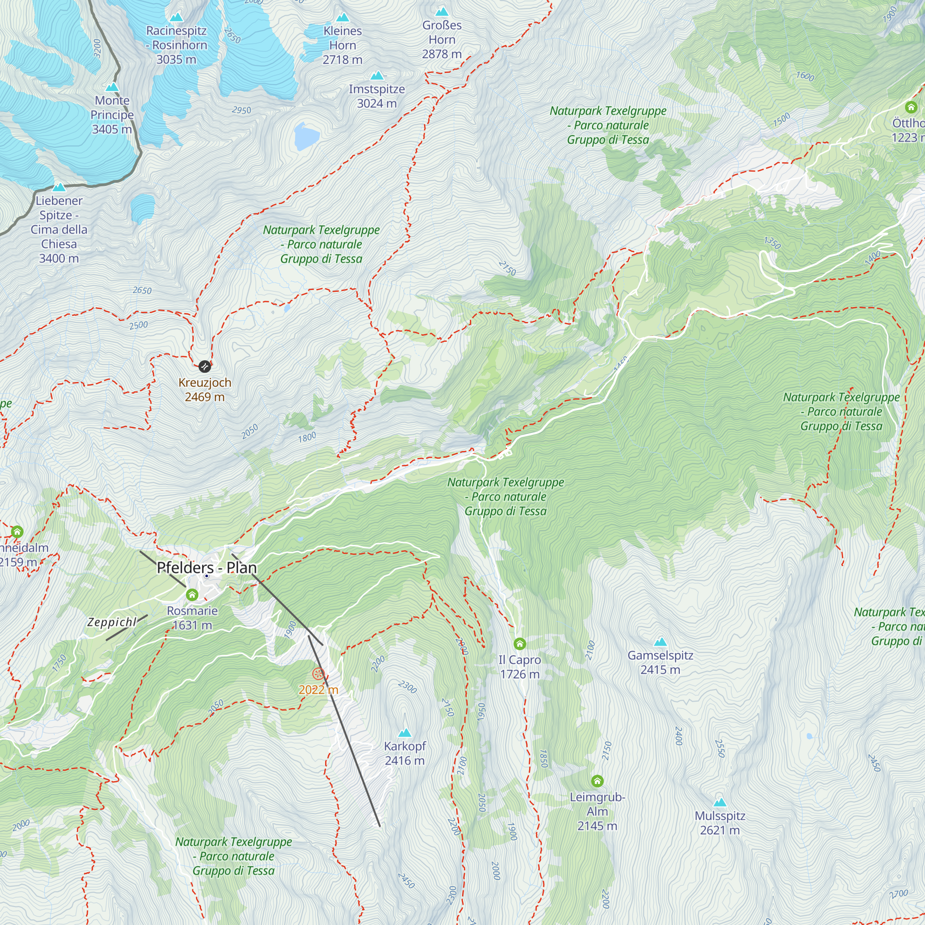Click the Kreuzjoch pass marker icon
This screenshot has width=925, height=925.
204,367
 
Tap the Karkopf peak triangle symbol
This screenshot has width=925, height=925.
405,733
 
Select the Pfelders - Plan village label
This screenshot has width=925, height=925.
207,568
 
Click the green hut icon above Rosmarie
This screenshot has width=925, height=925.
192,595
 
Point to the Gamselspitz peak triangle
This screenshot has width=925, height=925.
660,641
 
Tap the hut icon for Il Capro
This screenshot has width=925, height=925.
519,644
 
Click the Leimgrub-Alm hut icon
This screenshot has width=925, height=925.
597,781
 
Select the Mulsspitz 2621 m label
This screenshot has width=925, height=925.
720,823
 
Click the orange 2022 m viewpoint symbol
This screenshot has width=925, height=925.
318,674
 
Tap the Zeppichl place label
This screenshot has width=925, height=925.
112,622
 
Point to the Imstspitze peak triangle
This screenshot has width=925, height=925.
377,76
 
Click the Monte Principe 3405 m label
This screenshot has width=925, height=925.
112,115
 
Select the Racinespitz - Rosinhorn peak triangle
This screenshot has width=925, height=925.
177,17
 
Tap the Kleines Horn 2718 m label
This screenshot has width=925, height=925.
342,45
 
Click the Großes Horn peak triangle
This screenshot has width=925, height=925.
441,12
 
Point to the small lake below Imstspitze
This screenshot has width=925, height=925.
307,136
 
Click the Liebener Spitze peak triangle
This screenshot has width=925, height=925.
59,187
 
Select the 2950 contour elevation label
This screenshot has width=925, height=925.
241,110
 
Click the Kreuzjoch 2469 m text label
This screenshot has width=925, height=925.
205,390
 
